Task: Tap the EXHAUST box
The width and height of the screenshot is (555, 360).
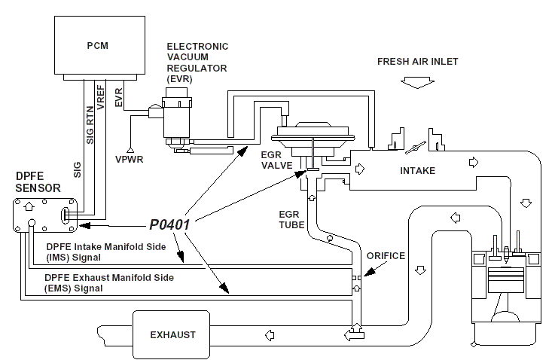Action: click(172, 334)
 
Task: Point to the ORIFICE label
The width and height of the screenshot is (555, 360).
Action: click(385, 256)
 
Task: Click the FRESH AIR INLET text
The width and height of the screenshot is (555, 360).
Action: click(417, 61)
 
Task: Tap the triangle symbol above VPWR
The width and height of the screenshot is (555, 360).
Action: click(130, 148)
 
